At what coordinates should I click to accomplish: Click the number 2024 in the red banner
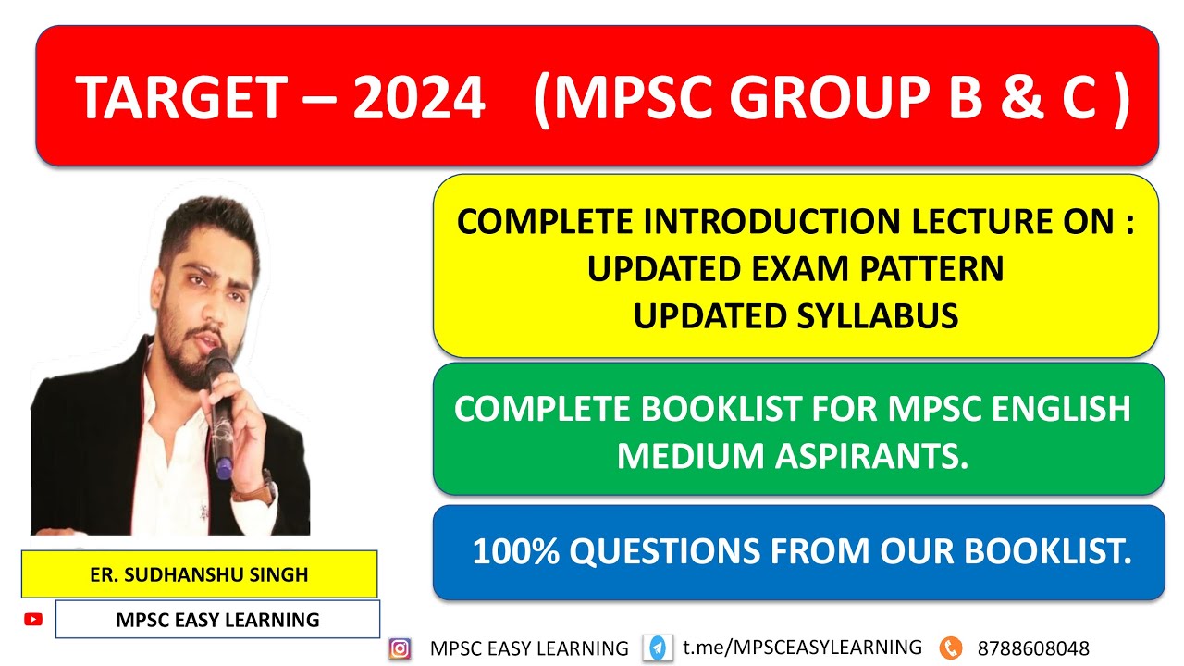(x=419, y=98)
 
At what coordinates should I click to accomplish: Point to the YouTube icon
(x=33, y=620)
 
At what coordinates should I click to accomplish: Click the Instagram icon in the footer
(x=400, y=648)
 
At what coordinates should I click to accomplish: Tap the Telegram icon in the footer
(x=659, y=648)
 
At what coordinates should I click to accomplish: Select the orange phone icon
(x=950, y=648)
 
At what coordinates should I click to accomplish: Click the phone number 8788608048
(x=1032, y=648)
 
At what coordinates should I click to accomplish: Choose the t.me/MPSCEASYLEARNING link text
(x=802, y=647)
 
